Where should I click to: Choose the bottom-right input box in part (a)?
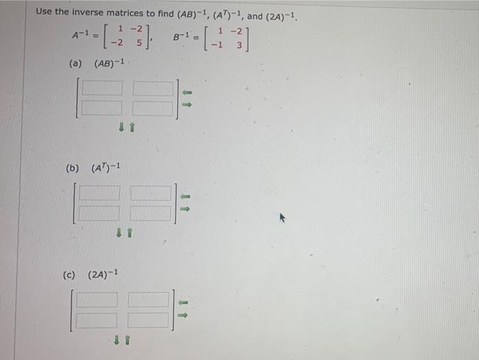point(153,107)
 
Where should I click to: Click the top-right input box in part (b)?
point(150,194)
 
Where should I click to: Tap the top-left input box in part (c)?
point(98,300)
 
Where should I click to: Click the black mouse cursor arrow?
point(280,219)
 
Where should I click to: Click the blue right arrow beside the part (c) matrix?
point(183,315)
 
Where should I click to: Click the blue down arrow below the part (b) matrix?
point(119,233)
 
